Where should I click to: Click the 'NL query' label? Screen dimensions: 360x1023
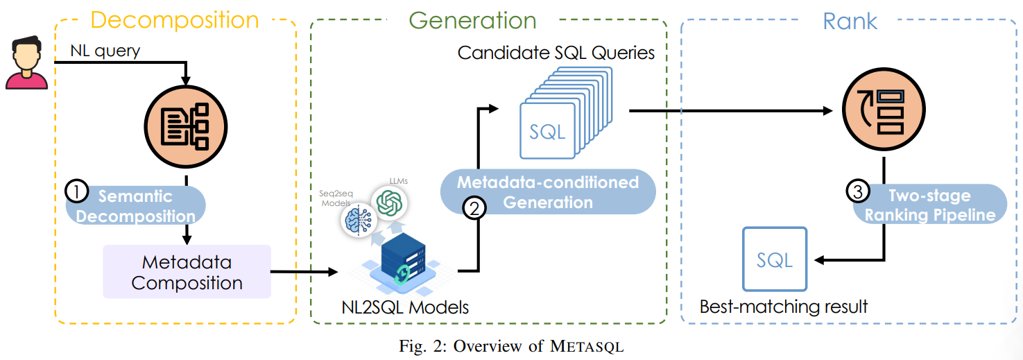105,51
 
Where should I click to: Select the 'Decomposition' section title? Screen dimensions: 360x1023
174,19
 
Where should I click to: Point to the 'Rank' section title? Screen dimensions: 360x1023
850,21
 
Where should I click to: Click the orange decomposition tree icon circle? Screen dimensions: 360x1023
186,127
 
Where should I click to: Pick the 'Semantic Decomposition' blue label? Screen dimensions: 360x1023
136,205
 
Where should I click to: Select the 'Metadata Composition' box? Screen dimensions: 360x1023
187,273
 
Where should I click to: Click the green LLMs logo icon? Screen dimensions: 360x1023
389,203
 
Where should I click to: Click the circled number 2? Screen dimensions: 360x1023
473,209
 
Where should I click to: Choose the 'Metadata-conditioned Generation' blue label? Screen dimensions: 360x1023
548,192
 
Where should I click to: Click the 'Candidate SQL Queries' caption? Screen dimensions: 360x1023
556,53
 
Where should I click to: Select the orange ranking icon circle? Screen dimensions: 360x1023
882,111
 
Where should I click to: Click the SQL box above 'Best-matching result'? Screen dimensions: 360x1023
775,259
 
